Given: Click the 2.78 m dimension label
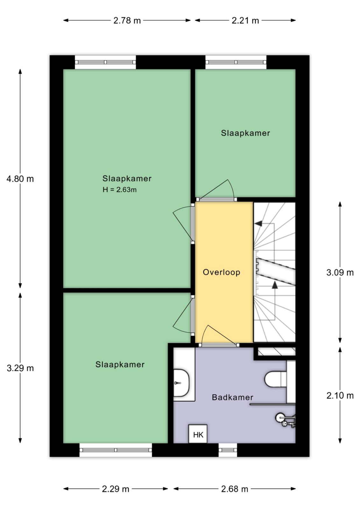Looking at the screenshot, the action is click(x=127, y=21).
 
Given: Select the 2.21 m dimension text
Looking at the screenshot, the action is click(x=245, y=21).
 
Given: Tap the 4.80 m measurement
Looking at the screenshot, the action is click(x=20, y=179).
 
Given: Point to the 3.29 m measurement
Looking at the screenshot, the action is click(x=20, y=368).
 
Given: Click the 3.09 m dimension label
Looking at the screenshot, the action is click(x=340, y=272).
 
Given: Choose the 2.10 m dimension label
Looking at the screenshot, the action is click(x=340, y=396).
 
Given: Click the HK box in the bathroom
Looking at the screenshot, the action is click(x=198, y=434).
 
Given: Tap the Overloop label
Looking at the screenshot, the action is click(x=222, y=272).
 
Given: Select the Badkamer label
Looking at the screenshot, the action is click(x=232, y=397).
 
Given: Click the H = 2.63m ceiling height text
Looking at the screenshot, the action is click(x=120, y=190).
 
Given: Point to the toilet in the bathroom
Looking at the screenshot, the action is click(x=275, y=379).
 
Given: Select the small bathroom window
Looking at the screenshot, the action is click(x=228, y=450).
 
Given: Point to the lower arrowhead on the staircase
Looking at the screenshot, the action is click(x=275, y=285).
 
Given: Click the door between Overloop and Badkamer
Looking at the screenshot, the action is click(x=218, y=345).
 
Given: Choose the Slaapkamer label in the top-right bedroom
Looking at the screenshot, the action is click(x=245, y=133).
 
